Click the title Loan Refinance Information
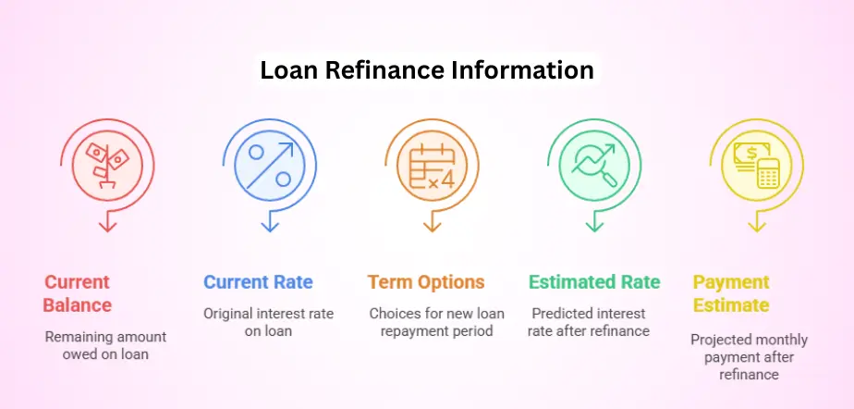click(x=426, y=70)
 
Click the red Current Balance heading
click(x=78, y=293)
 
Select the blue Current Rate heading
click(x=258, y=282)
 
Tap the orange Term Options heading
click(x=425, y=282)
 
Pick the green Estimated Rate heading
click(x=594, y=282)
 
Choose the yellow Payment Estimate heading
click(x=733, y=293)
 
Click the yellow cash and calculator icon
click(x=755, y=164)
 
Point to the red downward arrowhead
click(x=108, y=225)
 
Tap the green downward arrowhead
click(x=593, y=225)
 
